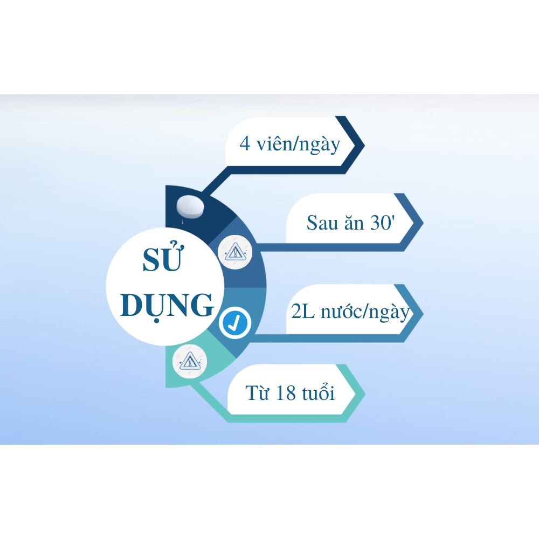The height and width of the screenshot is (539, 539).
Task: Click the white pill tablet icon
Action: [x=191, y=206]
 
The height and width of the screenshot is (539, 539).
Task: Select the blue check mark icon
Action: [x=236, y=322]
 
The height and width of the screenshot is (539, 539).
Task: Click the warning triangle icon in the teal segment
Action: [x=189, y=360]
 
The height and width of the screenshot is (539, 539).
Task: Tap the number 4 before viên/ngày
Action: [x=245, y=144]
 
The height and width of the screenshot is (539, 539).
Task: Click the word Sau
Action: [x=323, y=223]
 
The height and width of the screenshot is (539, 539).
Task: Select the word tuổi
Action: [x=318, y=393]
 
